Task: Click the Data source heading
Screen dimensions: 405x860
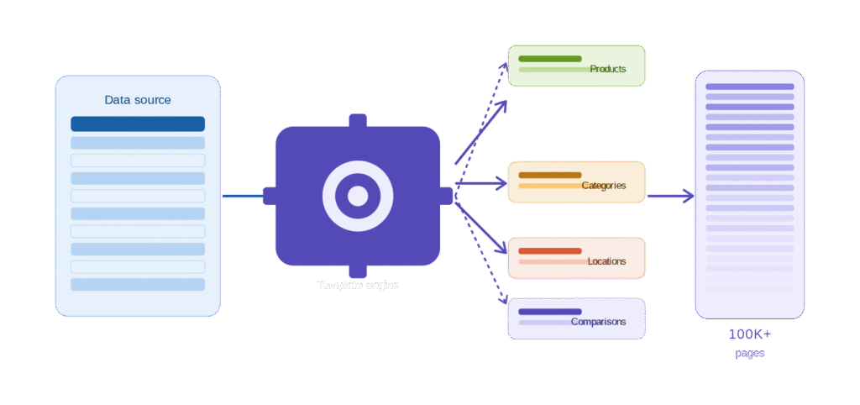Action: pos(138,100)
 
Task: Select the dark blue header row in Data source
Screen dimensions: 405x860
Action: pos(138,124)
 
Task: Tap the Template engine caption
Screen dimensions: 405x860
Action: pos(358,285)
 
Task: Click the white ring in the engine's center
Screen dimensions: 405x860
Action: pos(358,196)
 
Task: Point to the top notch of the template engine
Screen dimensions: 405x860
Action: pos(358,120)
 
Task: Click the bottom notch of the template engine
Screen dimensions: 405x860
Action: pos(358,271)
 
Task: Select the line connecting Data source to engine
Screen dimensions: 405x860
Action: pos(242,197)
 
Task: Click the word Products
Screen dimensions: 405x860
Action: pos(608,69)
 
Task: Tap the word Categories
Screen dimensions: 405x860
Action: pos(604,186)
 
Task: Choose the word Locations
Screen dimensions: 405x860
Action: pos(606,261)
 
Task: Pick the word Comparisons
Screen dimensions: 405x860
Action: pos(598,322)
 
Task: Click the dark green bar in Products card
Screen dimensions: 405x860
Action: pos(550,59)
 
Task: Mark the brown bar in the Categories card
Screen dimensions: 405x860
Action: pos(550,176)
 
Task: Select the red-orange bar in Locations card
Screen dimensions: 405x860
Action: pos(550,251)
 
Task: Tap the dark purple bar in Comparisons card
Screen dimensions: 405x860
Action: pos(550,312)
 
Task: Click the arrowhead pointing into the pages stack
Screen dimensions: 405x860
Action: pos(689,197)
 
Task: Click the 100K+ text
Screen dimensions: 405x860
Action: pos(749,334)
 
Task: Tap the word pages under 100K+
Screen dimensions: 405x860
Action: pos(749,354)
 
